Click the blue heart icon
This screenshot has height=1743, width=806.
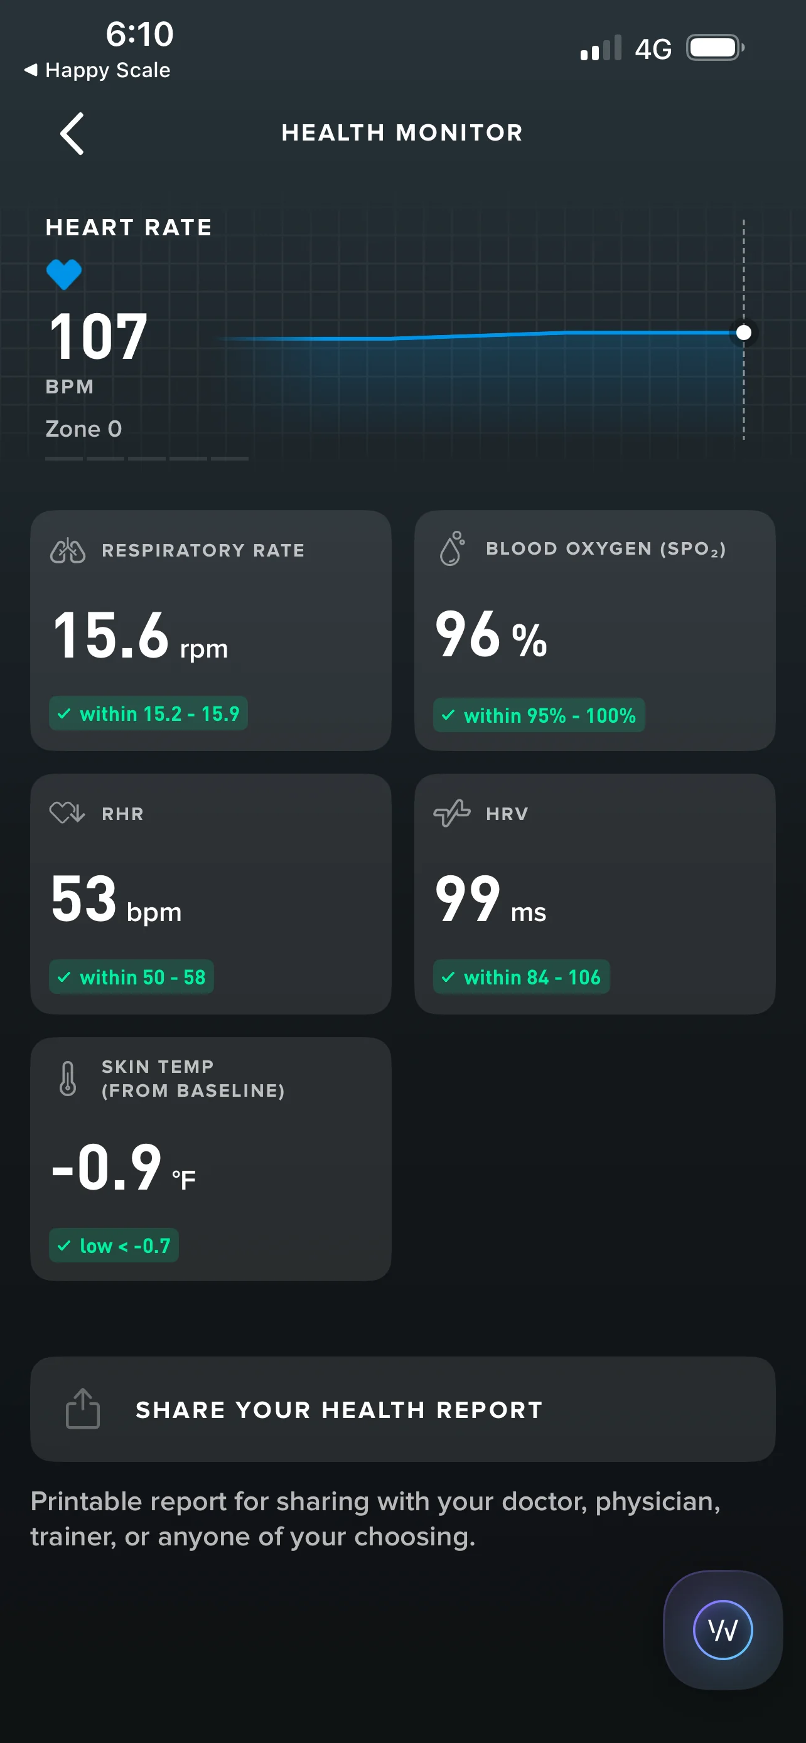(x=64, y=275)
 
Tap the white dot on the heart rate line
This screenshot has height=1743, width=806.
(x=744, y=333)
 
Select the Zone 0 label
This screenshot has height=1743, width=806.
(x=84, y=429)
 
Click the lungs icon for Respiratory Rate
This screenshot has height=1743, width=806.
(x=68, y=551)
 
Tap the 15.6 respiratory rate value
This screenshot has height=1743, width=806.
(x=110, y=635)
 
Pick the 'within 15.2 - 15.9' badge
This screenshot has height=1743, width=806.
(x=148, y=714)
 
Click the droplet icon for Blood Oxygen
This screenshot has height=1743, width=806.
(x=452, y=548)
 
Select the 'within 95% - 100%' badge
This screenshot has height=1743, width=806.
(x=539, y=715)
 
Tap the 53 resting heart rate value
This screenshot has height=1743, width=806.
(x=84, y=898)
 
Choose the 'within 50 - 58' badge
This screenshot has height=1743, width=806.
(x=131, y=977)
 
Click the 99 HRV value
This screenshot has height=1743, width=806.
(x=468, y=898)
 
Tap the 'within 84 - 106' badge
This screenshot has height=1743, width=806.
(x=521, y=977)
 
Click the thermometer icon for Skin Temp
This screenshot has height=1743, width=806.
(x=68, y=1079)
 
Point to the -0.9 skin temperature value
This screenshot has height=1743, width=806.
(x=107, y=1167)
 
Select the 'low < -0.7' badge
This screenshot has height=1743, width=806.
(x=114, y=1245)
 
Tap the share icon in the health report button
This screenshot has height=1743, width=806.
(x=83, y=1409)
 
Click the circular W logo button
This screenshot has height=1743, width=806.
(x=723, y=1630)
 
